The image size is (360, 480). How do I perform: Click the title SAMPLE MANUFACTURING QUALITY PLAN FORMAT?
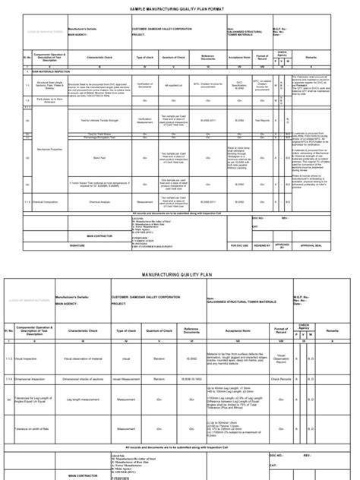(179, 5)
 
